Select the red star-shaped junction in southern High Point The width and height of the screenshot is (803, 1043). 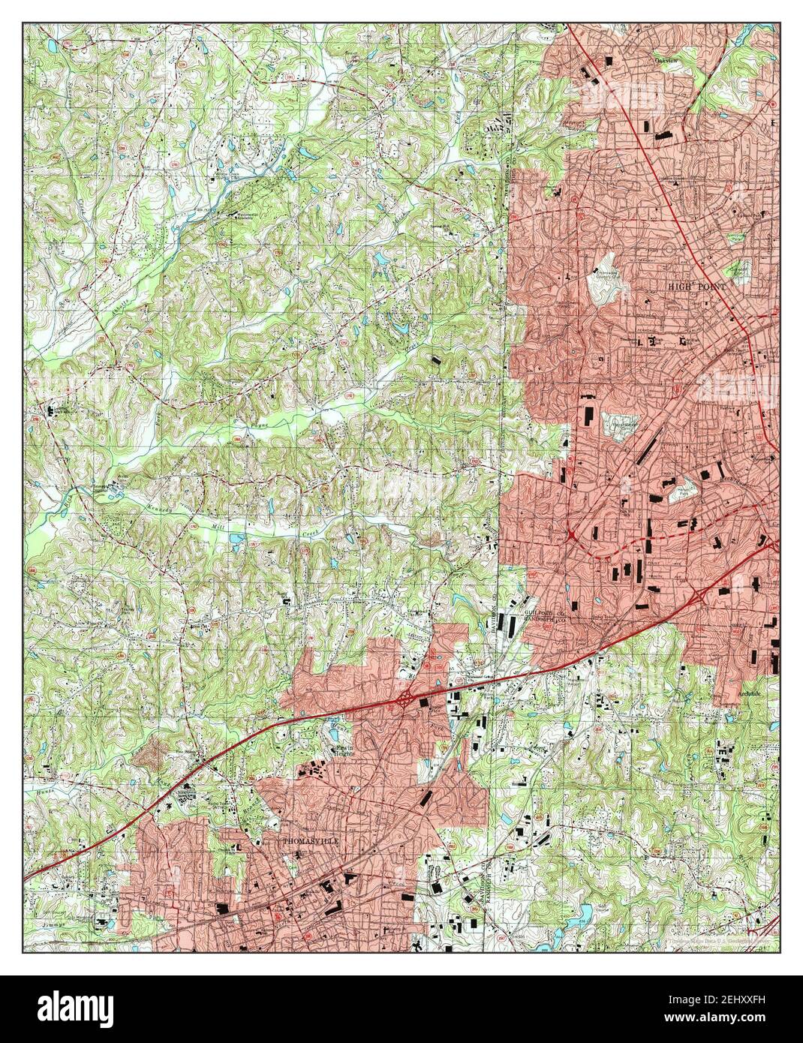pos(572,534)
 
